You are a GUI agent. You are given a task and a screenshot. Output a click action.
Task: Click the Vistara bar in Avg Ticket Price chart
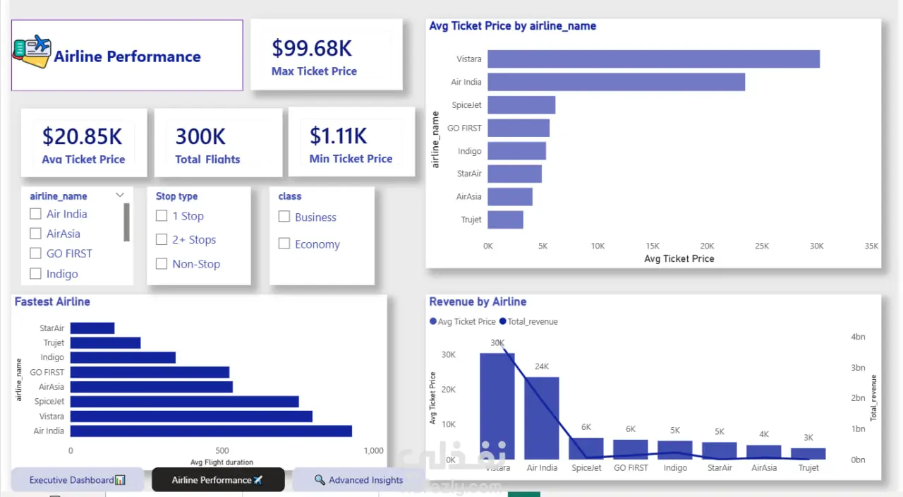653,59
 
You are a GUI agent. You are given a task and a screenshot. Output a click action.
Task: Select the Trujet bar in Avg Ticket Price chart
506,220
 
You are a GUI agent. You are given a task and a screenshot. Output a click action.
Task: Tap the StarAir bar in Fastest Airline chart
92,328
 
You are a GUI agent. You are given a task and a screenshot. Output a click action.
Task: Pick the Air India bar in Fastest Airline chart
211,431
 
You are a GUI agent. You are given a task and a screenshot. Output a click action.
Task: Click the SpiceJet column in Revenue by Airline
586,448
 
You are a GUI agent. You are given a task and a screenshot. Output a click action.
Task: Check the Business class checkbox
284,217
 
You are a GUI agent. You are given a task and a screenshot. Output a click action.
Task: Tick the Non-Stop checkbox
162,264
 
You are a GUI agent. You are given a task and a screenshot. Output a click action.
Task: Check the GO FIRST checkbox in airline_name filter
35,253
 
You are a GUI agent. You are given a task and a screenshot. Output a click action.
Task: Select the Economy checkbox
284,244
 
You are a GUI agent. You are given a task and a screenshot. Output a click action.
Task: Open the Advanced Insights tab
359,479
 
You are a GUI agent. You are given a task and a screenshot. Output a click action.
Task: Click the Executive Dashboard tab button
78,479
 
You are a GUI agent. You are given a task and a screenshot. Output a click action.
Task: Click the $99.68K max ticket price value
312,49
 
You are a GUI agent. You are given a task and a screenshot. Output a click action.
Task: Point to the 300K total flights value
200,136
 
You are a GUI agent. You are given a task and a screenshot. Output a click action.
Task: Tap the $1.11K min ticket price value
338,136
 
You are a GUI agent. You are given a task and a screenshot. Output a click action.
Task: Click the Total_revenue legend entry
528,321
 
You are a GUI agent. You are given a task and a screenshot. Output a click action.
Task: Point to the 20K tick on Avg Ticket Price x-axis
707,246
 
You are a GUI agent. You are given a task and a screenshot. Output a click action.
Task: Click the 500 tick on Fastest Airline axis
222,450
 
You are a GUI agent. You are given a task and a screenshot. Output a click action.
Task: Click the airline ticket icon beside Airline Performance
32,52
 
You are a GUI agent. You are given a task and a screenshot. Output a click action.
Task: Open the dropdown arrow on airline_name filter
120,196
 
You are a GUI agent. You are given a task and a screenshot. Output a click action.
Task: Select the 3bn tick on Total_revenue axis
858,368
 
